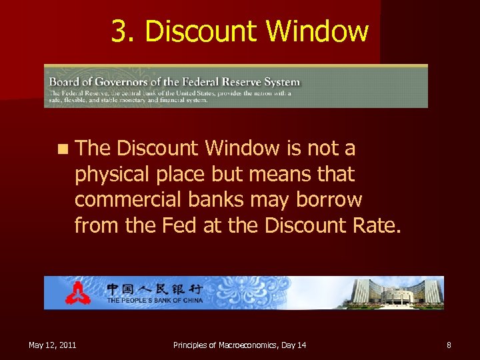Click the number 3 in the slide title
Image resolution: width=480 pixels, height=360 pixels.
pos(119,31)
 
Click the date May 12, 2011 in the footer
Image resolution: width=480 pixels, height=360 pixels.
pos(52,345)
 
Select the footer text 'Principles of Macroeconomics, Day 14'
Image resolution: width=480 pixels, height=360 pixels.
pos(239,345)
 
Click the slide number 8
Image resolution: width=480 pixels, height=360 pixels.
pos(449,345)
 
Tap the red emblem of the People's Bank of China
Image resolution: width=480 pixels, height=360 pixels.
pos(77,293)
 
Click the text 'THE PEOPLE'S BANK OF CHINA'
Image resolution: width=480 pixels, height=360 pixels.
pos(154,301)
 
